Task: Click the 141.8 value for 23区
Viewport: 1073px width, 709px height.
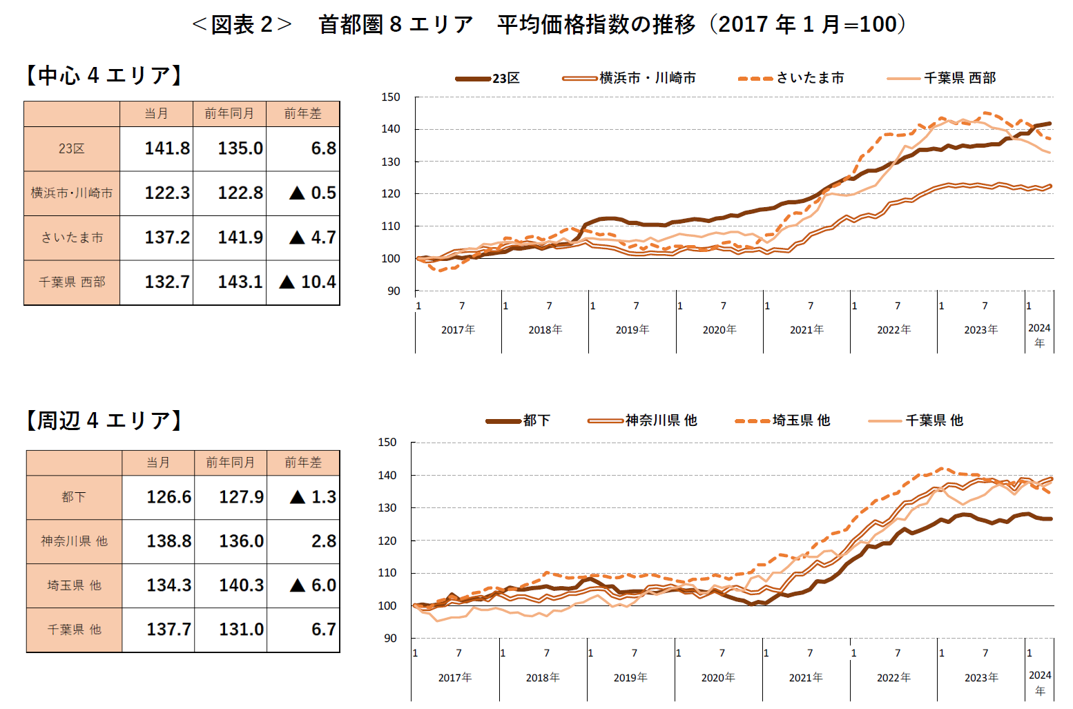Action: (167, 148)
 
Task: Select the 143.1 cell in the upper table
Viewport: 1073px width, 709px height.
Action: (240, 282)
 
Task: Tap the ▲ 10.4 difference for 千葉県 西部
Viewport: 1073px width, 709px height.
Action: (308, 282)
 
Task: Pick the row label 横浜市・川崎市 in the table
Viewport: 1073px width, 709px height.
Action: (72, 193)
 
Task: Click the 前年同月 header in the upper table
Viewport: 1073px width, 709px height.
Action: (229, 114)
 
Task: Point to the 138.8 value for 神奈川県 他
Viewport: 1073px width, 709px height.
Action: (168, 541)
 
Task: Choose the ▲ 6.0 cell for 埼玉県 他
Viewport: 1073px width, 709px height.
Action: (313, 585)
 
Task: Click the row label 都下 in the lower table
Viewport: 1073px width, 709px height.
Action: (74, 497)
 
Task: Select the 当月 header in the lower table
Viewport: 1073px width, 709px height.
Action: (158, 463)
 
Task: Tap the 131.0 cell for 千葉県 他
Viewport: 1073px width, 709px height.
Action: (241, 630)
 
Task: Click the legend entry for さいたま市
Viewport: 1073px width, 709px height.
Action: (809, 78)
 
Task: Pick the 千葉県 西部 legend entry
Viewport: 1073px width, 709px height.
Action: (959, 78)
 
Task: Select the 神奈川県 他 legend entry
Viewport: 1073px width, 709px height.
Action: (660, 420)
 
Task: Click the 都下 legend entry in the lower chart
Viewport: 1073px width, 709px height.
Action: (536, 420)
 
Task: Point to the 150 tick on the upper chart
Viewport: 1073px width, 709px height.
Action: (391, 97)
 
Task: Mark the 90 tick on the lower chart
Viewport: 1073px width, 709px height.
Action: (390, 639)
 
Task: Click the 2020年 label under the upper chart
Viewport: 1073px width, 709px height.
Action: (719, 330)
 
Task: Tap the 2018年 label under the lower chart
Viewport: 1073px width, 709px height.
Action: (543, 678)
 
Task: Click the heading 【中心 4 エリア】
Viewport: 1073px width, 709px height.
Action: (104, 75)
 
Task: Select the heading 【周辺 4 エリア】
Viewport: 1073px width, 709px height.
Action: (104, 420)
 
